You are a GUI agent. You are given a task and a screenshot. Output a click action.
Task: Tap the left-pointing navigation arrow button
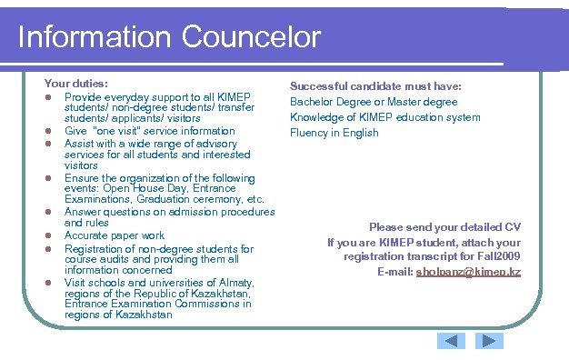(x=451, y=341)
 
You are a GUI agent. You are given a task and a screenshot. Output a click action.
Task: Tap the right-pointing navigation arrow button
(x=490, y=341)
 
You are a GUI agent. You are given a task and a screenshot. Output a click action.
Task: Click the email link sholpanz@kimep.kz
(x=468, y=272)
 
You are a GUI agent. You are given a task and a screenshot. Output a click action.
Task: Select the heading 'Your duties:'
(x=76, y=83)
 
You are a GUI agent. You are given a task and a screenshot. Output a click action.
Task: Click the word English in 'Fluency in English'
(x=361, y=133)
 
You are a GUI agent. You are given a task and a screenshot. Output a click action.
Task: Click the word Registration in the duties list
(x=95, y=248)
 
